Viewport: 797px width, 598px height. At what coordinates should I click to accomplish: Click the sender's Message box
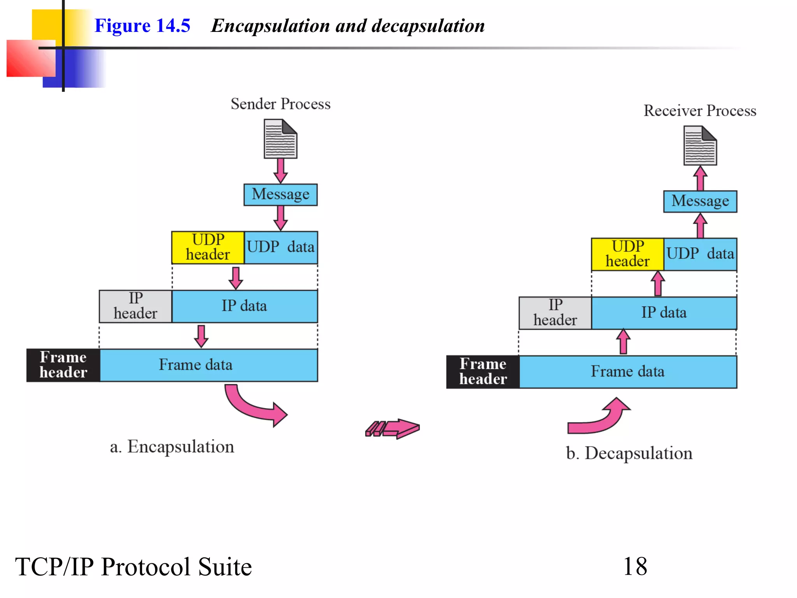pyautogui.click(x=280, y=194)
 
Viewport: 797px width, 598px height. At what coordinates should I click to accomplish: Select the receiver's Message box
pyautogui.click(x=700, y=201)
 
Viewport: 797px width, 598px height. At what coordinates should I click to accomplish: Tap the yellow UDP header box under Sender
pyautogui.click(x=208, y=247)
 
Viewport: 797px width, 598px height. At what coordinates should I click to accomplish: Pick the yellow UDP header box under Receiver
pyautogui.click(x=627, y=254)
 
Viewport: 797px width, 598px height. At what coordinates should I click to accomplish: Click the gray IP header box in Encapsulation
pyautogui.click(x=135, y=306)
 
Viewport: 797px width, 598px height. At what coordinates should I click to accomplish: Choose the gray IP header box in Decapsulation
pyautogui.click(x=555, y=313)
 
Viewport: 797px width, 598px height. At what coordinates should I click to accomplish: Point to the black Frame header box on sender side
pyautogui.click(x=63, y=365)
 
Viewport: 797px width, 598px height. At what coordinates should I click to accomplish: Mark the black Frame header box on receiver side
pyautogui.click(x=483, y=371)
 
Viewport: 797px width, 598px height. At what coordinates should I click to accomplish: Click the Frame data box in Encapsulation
pyautogui.click(x=209, y=365)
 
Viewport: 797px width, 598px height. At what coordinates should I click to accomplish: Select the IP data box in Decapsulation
pyautogui.click(x=664, y=313)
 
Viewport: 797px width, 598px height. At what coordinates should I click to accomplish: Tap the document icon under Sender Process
pyautogui.click(x=280, y=139)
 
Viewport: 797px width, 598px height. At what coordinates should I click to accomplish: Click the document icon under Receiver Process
pyautogui.click(x=700, y=146)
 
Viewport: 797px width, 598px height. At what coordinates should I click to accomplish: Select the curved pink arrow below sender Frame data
pyautogui.click(x=253, y=407)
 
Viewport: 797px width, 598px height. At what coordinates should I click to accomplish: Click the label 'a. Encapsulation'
pyautogui.click(x=172, y=447)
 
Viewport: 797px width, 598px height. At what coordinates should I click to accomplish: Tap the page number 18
pyautogui.click(x=635, y=566)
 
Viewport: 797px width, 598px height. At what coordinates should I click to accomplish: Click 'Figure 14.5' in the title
pyautogui.click(x=142, y=26)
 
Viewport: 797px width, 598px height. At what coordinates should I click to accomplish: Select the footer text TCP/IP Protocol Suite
pyautogui.click(x=133, y=566)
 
